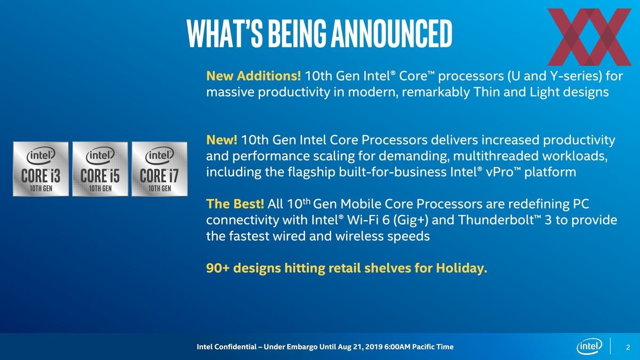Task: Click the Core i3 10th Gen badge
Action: pos(41,169)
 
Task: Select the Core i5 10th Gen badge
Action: pos(100,169)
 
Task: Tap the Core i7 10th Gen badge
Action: pos(160,169)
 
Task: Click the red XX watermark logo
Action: pos(590,37)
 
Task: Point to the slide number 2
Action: pos(628,347)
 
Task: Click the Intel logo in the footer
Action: pos(590,346)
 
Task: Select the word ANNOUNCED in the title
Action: pos(391,33)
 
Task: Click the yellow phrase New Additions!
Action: pos(254,76)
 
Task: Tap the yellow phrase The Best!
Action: pos(235,204)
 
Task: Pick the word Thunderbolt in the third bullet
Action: pos(500,220)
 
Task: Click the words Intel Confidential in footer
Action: pos(226,347)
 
